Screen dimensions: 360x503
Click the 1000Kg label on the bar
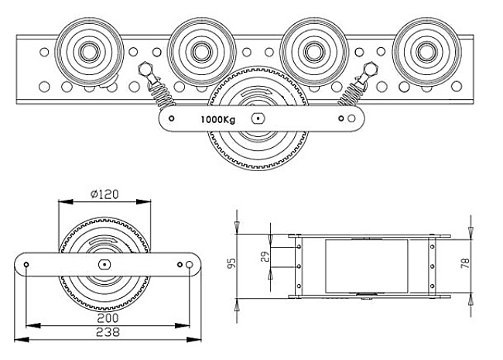click(x=217, y=119)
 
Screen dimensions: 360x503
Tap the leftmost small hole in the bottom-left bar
click(x=27, y=265)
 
